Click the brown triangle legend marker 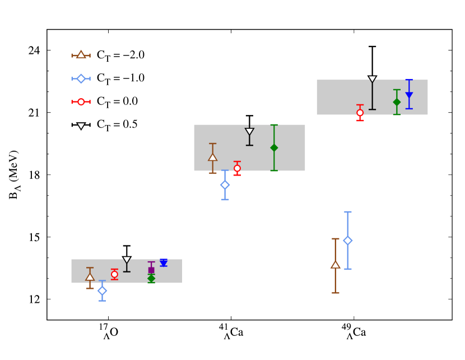[x=81, y=55]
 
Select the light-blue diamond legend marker [x=81, y=79]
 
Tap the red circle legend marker [x=81, y=102]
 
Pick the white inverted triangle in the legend [x=81, y=126]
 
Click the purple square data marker [x=151, y=270]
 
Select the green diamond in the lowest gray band [x=151, y=278]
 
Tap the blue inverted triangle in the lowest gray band [x=164, y=263]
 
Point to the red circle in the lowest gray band [x=114, y=275]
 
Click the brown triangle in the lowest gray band [x=90, y=277]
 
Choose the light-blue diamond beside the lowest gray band [x=102, y=290]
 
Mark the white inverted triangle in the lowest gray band [x=127, y=260]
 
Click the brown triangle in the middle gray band [x=213, y=158]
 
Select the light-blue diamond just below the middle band [x=225, y=185]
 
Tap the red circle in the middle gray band [x=237, y=168]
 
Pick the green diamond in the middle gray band [x=274, y=147]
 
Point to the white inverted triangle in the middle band [x=249, y=132]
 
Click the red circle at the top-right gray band [x=360, y=113]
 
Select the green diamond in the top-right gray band [x=397, y=102]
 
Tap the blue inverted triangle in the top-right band [x=409, y=95]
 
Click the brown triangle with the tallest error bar [x=335, y=265]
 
